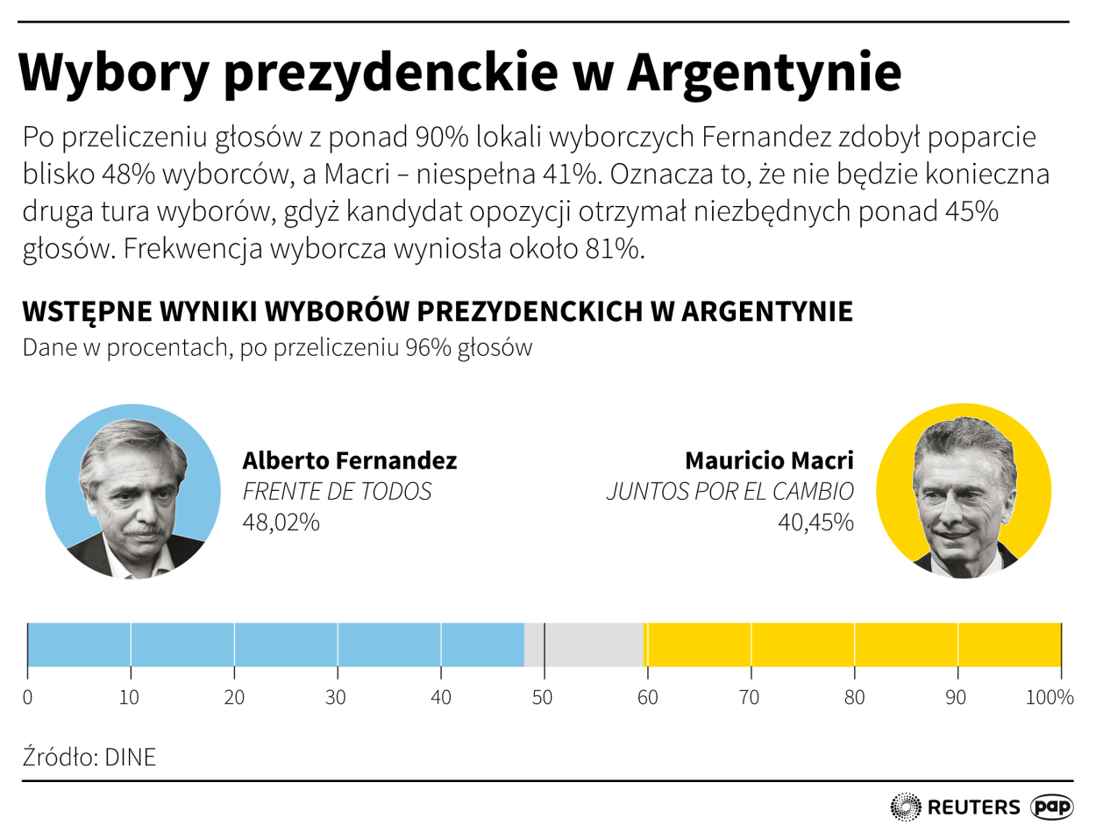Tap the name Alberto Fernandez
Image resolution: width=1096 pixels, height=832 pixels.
[349, 460]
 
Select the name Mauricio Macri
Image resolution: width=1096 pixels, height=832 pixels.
[769, 460]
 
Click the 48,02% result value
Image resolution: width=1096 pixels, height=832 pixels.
[281, 523]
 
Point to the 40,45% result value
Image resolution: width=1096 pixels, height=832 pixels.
[815, 523]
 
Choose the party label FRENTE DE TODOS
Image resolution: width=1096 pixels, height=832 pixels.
[337, 492]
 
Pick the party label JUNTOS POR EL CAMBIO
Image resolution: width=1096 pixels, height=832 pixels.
[729, 492]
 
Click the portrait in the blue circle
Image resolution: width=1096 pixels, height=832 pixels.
[132, 492]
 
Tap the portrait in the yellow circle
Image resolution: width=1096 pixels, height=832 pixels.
[964, 492]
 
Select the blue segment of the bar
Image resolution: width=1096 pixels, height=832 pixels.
[275, 644]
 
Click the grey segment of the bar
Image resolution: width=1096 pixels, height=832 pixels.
[584, 644]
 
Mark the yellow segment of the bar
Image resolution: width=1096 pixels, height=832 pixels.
[852, 644]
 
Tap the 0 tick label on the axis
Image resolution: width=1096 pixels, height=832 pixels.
[28, 698]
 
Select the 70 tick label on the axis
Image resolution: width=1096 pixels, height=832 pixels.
[751, 698]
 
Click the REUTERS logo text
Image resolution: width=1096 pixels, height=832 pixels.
[973, 807]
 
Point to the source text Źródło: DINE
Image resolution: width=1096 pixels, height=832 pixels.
[89, 757]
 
